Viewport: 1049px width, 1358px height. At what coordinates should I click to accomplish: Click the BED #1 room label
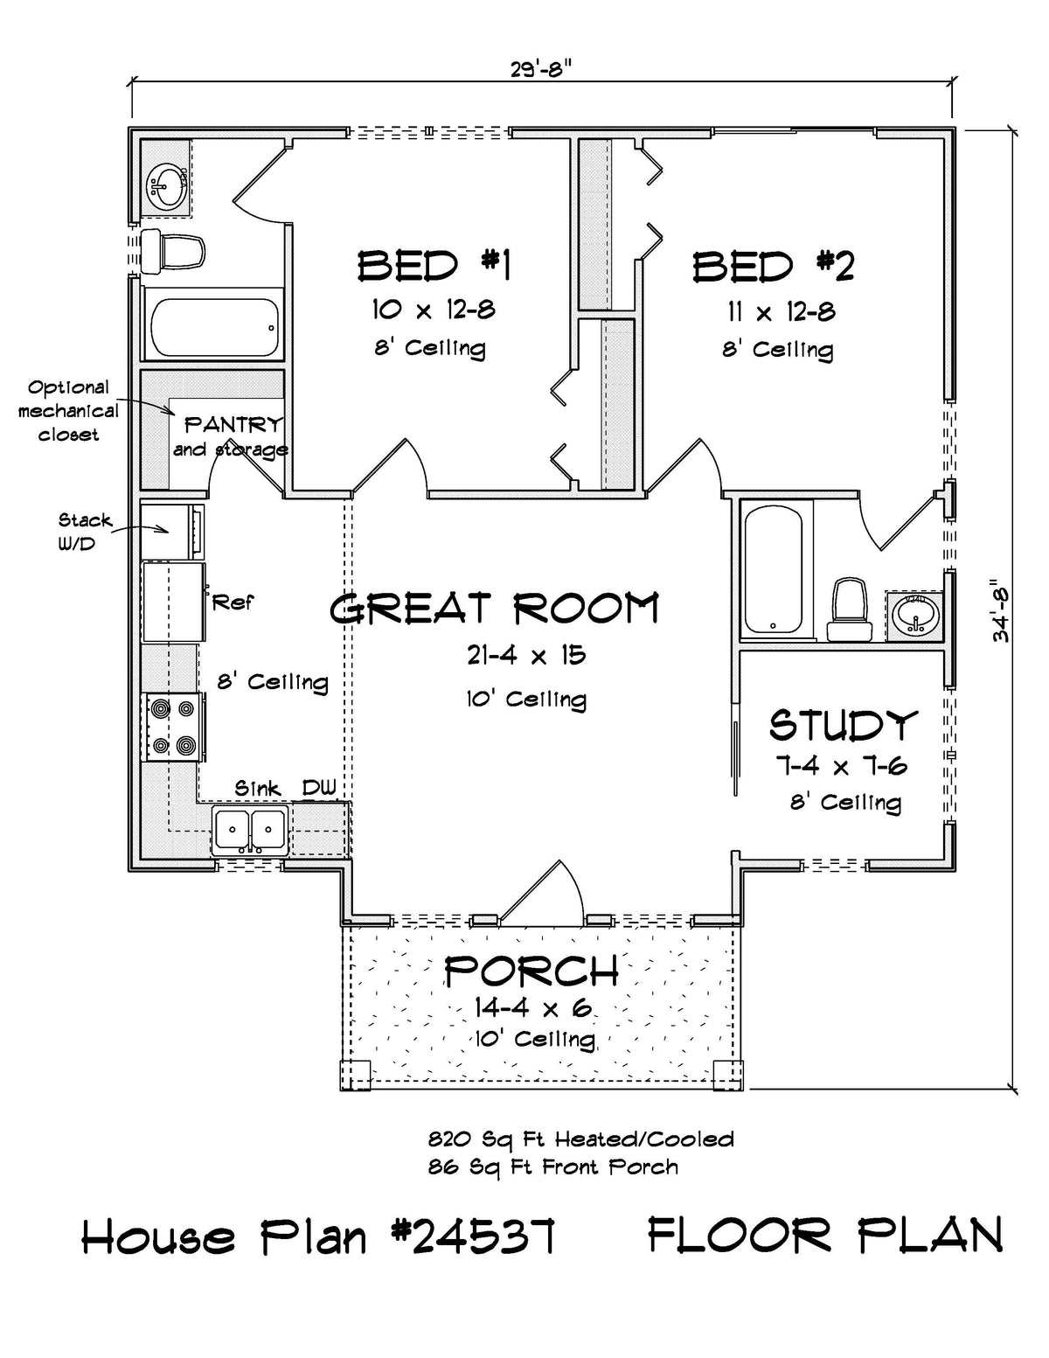434,265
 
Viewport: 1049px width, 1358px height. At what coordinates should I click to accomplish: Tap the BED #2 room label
774,266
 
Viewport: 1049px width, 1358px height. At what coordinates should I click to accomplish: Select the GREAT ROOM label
494,608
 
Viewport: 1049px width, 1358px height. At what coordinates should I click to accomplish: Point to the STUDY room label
844,725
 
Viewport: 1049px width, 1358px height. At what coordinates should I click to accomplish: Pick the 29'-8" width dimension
541,69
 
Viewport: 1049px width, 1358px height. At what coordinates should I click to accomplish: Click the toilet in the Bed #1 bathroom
173,252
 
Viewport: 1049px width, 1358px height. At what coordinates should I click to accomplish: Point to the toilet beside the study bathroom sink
850,610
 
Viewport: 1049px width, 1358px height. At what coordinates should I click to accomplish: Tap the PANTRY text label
233,425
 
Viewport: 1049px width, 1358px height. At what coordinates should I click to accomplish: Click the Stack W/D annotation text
85,531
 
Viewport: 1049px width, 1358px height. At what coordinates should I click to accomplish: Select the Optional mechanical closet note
68,411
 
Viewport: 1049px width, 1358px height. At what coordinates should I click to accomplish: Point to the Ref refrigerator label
233,602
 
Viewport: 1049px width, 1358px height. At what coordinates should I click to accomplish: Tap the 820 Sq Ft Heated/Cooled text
581,1139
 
